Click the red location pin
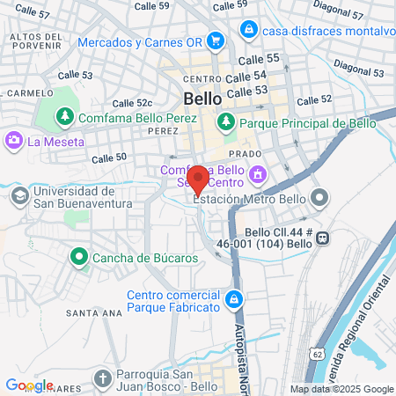pos(198,179)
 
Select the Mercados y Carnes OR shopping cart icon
pos(217,41)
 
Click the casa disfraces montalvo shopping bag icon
pos(250,30)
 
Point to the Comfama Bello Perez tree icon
pos(64,116)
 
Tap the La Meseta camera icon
pos(14,141)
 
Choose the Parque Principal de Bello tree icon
pos(227,121)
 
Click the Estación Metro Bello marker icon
pos(319,198)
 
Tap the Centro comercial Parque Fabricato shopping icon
pos(233,300)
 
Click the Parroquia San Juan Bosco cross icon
pos(103,379)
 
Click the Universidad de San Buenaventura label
pos(72,198)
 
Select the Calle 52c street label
pos(133,104)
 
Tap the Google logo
pos(29,385)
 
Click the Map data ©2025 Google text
pos(342,389)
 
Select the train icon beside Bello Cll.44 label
pos(323,237)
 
